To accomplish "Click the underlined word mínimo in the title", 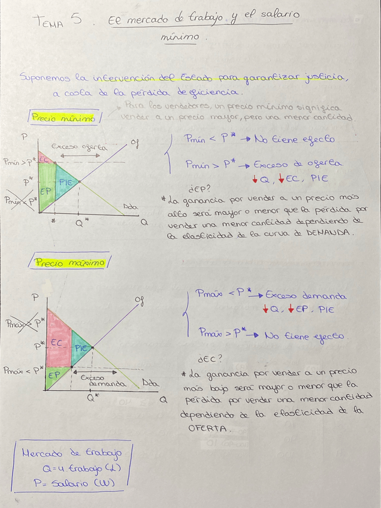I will coord(180,37).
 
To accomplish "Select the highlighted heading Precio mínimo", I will coord(63,118).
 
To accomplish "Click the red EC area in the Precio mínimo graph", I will coord(44,160).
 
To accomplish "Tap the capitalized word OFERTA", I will coord(201,429).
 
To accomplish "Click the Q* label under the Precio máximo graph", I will coord(93,397).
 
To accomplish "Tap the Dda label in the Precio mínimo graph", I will coord(131,207).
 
